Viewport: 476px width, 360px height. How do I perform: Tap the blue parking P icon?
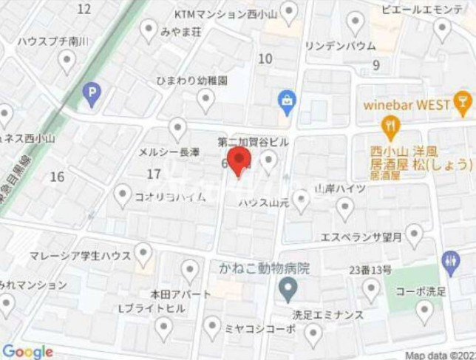(91, 93)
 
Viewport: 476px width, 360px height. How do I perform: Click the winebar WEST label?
(406, 104)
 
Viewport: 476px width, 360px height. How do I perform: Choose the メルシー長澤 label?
(169, 152)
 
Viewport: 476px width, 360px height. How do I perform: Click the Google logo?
(27, 351)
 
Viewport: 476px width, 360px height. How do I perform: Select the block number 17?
(154, 174)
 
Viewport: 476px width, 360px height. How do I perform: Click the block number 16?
(57, 176)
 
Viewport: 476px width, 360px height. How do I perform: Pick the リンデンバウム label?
(340, 46)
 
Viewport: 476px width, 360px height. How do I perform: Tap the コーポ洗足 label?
(420, 291)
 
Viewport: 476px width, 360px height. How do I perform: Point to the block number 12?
(84, 9)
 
